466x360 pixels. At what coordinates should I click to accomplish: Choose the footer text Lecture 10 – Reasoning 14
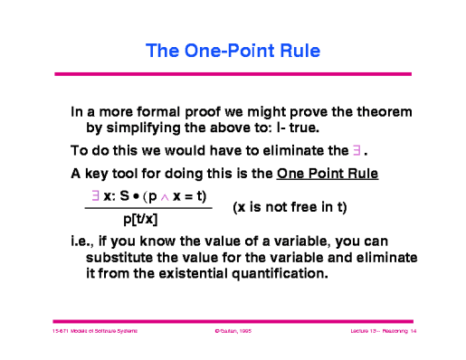380,333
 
